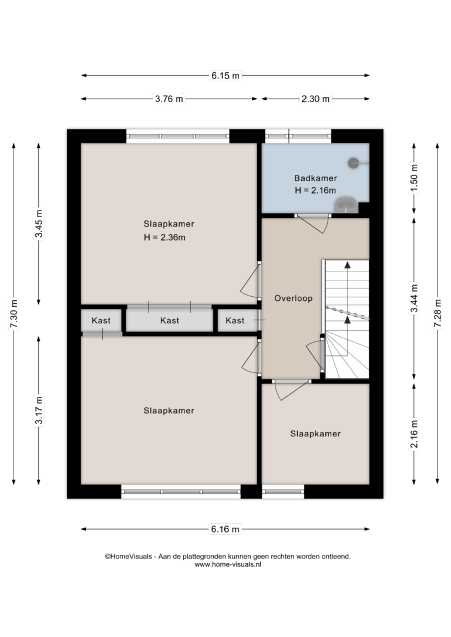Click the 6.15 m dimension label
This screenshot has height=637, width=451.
point(225,76)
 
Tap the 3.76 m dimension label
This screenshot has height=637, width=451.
point(169,99)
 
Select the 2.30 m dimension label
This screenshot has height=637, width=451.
point(315,99)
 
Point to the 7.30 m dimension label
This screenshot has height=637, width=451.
point(14,314)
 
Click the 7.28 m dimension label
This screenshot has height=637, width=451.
point(437,313)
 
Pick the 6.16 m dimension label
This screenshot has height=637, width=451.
point(225,529)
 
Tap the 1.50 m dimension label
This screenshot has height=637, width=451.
point(414,178)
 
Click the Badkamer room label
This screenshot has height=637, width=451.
point(315,178)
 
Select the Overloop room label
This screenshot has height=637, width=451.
point(293,298)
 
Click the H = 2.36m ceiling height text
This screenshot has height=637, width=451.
point(164,237)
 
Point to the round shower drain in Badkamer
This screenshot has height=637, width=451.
point(354,163)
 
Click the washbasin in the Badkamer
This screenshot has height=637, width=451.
point(346,205)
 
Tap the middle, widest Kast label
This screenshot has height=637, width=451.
point(170,320)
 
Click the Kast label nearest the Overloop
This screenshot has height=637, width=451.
point(235,320)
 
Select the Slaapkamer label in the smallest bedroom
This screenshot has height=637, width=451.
point(315,433)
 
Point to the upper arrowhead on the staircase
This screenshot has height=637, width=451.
point(347,265)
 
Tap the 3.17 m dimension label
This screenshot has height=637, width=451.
point(39,410)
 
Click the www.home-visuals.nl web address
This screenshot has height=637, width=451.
point(228,564)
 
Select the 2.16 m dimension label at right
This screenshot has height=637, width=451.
point(414,434)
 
